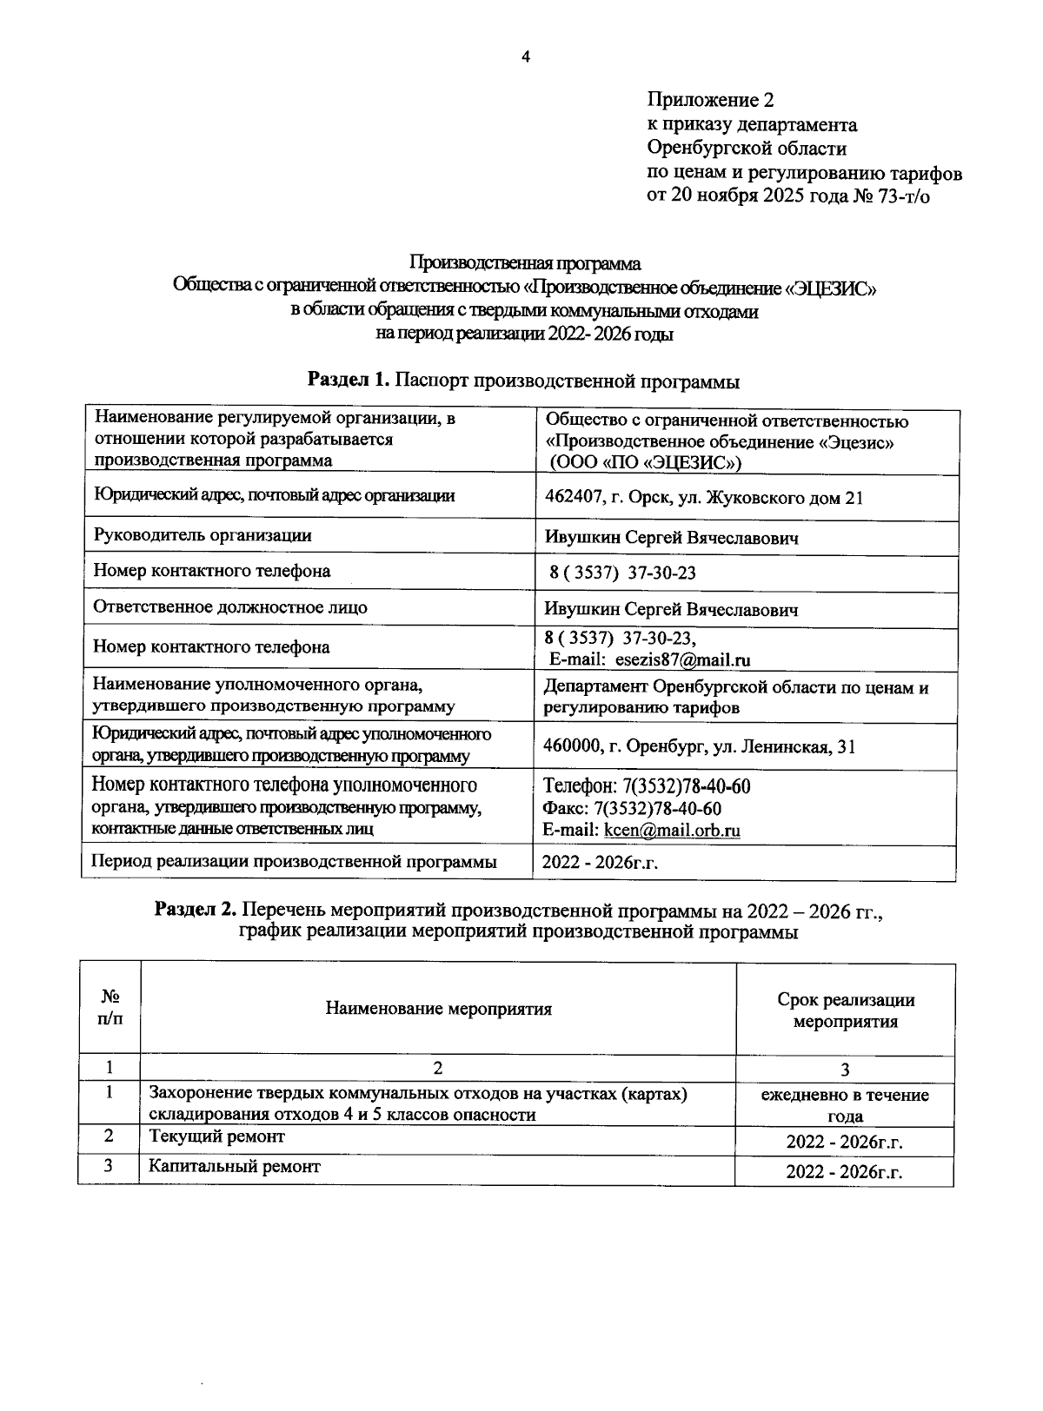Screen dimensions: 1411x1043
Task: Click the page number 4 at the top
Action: coord(524,57)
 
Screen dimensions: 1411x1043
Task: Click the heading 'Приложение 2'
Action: coord(710,101)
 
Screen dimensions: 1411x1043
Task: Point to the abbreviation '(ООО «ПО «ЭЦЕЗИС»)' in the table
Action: coord(642,462)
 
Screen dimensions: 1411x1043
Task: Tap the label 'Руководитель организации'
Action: coord(203,536)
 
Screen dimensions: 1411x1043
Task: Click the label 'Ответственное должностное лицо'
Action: coord(230,607)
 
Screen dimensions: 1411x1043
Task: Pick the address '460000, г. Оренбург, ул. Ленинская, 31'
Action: coord(699,746)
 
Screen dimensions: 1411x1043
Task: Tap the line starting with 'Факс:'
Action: coord(632,809)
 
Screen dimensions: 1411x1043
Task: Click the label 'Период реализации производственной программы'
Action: coord(295,862)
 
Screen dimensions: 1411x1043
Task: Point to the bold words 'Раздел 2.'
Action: coord(196,911)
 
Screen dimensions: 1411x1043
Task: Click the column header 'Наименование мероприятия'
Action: coord(438,1009)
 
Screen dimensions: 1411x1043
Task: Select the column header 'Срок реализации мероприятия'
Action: coord(845,1010)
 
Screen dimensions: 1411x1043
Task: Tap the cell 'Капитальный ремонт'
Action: coord(234,1167)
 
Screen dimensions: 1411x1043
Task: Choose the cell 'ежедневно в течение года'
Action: coord(845,1105)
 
